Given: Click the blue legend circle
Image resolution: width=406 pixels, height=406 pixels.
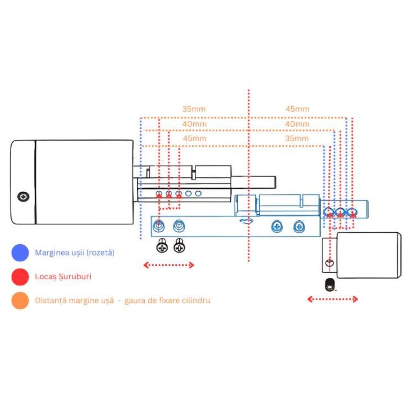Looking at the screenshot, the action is [20, 253].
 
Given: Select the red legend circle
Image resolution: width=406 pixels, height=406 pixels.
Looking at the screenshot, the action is [20, 277].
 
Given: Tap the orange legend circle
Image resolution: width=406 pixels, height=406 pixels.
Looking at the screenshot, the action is [20, 300].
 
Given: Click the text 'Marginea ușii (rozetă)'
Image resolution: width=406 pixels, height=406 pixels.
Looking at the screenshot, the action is [74, 253].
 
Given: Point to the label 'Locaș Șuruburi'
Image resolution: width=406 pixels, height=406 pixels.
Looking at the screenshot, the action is [63, 277].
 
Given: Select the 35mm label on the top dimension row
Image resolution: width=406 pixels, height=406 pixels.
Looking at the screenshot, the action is [194, 109].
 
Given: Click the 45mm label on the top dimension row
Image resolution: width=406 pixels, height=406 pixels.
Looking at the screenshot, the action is [297, 109].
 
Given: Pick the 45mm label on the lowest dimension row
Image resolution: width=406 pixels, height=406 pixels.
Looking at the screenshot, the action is [195, 138].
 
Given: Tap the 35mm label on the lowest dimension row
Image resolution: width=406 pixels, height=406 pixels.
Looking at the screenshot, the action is [297, 138].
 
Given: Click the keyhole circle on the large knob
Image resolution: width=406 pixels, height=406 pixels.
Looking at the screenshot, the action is [23, 197].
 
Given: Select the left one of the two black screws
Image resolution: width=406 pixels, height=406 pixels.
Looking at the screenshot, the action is [162, 245].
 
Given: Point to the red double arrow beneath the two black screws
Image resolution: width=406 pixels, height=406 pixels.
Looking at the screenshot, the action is [168, 265].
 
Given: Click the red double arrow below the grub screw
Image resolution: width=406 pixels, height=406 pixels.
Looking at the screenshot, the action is [332, 299].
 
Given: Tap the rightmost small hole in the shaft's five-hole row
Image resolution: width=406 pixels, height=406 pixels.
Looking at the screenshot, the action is [198, 194].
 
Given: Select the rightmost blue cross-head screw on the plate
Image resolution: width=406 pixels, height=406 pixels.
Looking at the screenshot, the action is [299, 227].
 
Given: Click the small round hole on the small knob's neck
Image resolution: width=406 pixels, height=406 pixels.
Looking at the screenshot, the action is [329, 263].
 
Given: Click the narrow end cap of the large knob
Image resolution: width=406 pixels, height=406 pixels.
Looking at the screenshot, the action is [23, 182].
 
